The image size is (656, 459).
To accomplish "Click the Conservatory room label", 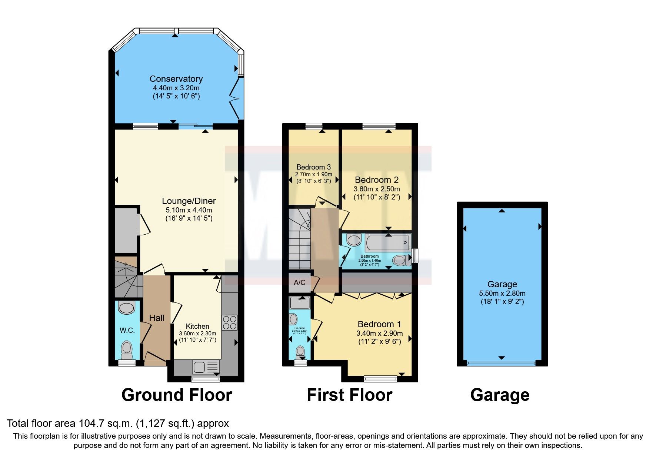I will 176,79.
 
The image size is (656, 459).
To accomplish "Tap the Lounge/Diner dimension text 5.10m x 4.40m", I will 189,210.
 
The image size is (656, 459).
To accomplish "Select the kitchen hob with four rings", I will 229,322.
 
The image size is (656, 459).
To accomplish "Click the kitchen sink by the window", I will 199,367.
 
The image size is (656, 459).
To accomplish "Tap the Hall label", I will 157,318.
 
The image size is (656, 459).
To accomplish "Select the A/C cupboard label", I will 299,283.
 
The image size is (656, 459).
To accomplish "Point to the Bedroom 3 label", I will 313,167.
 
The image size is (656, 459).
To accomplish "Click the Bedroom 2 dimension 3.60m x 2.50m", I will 377,189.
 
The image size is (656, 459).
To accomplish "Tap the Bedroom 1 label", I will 379,324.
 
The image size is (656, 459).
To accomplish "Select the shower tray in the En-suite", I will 300,303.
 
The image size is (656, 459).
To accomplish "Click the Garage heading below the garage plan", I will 500,395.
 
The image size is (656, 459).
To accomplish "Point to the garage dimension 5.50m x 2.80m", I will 502,293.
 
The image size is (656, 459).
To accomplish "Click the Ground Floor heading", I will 177,395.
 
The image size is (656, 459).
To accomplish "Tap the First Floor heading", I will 349,395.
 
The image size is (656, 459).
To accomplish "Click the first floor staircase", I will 299,239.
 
